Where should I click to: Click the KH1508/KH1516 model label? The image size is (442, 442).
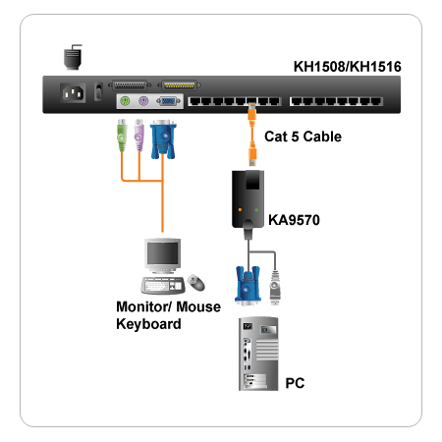pyautogui.click(x=347, y=67)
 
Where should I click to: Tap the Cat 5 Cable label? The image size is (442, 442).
pyautogui.click(x=303, y=137)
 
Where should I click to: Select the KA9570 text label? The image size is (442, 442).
pyautogui.click(x=294, y=220)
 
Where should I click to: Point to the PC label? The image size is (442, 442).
pyautogui.click(x=295, y=383)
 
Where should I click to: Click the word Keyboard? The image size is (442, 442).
pyautogui.click(x=148, y=324)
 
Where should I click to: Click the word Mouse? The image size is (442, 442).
pyautogui.click(x=198, y=306)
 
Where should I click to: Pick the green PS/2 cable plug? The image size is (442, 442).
pyautogui.click(x=122, y=136)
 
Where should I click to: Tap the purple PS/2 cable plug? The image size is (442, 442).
pyautogui.click(x=138, y=136)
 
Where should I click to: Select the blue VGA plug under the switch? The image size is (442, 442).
pyautogui.click(x=163, y=139)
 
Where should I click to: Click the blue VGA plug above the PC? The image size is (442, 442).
pyautogui.click(x=248, y=286)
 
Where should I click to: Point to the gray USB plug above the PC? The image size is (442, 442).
pyautogui.click(x=275, y=288)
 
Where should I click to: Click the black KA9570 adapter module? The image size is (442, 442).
pyautogui.click(x=248, y=199)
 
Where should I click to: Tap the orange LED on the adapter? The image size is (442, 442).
pyautogui.click(x=240, y=209)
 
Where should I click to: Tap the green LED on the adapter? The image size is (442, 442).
pyautogui.click(x=256, y=209)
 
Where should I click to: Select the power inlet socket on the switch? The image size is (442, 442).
pyautogui.click(x=73, y=93)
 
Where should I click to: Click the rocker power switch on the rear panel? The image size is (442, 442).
pyautogui.click(x=98, y=91)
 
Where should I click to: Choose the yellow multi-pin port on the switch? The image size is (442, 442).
pyautogui.click(x=179, y=85)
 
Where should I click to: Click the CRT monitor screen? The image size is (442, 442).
pyautogui.click(x=163, y=253)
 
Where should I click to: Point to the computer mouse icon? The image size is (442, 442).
pyautogui.click(x=196, y=282)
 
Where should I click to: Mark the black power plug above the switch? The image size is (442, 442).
pyautogui.click(x=73, y=57)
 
